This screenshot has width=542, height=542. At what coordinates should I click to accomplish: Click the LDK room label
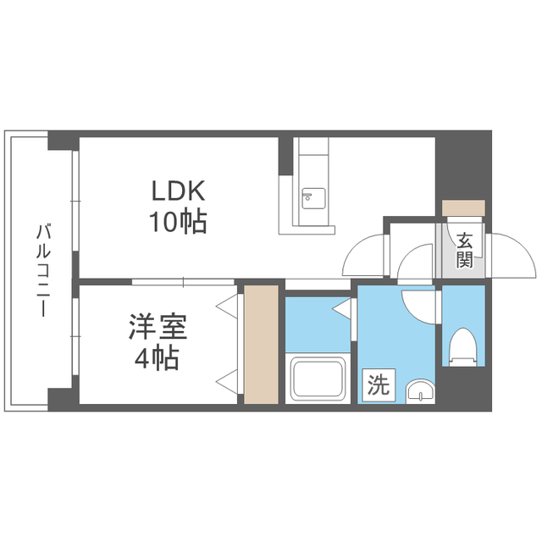(x=179, y=191)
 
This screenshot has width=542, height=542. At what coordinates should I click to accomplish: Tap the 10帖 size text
(x=178, y=221)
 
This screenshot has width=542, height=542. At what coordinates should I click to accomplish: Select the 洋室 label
(x=158, y=327)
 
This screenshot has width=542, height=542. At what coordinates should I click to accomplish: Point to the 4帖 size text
(x=157, y=357)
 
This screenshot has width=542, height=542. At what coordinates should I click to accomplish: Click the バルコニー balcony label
(x=43, y=271)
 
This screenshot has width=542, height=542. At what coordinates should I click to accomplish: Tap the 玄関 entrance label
(x=464, y=251)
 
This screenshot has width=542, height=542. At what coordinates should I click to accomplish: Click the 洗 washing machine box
(x=379, y=385)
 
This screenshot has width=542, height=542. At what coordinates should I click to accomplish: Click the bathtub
(x=318, y=379)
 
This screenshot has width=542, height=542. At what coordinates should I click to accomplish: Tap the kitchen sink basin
(x=313, y=198)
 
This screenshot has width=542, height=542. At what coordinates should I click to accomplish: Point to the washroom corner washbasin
(x=420, y=392)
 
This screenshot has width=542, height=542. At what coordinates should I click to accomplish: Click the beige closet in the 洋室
(x=262, y=345)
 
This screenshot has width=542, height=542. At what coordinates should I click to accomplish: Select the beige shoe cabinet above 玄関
(x=463, y=207)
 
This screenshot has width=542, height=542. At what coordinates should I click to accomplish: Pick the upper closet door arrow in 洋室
(x=227, y=306)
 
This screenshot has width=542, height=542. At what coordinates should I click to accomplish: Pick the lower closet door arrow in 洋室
(x=227, y=382)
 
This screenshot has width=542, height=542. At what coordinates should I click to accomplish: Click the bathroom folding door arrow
(x=341, y=307)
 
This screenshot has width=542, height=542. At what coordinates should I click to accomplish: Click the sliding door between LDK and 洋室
(x=183, y=282)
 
